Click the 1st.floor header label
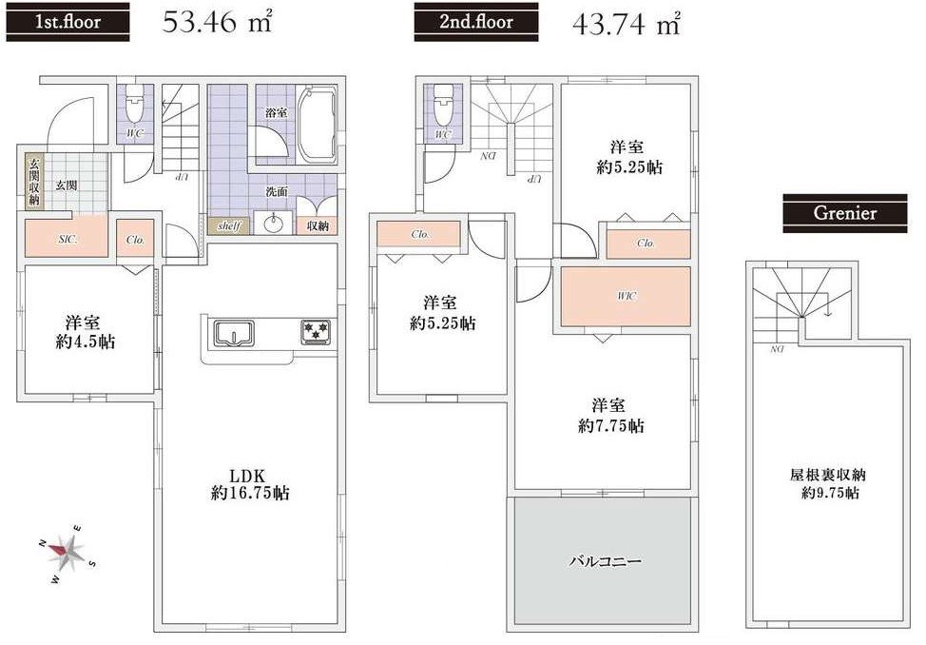[x=68, y=21]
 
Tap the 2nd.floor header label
[x=475, y=21]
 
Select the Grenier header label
[x=844, y=214]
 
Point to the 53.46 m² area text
[x=218, y=23]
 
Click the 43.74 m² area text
[x=627, y=24]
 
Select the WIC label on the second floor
[x=626, y=296]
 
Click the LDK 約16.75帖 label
[x=251, y=484]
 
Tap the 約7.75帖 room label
[x=610, y=416]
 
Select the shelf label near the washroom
[x=228, y=226]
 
